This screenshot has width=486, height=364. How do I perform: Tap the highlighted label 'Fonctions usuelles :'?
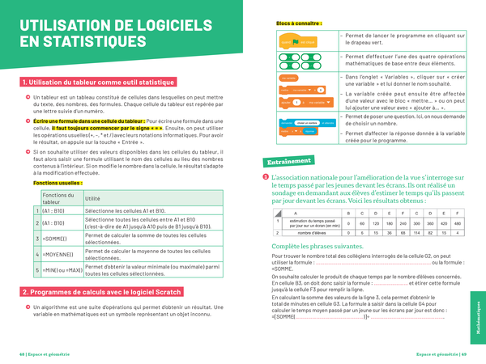point(57,183)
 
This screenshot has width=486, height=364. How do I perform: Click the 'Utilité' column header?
point(93,198)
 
